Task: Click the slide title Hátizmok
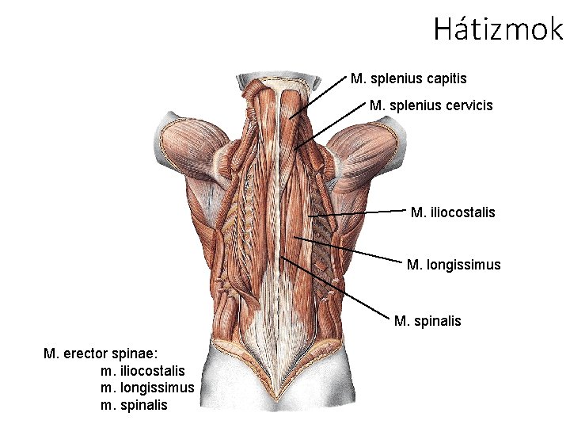(498, 29)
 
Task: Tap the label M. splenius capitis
(408, 78)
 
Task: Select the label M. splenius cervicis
(431, 105)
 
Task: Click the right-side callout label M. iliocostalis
(453, 212)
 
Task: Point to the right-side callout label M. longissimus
(453, 265)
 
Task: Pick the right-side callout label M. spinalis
(427, 321)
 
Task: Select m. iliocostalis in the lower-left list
(142, 370)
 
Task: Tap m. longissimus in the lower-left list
(147, 388)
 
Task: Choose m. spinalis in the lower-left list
(135, 405)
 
